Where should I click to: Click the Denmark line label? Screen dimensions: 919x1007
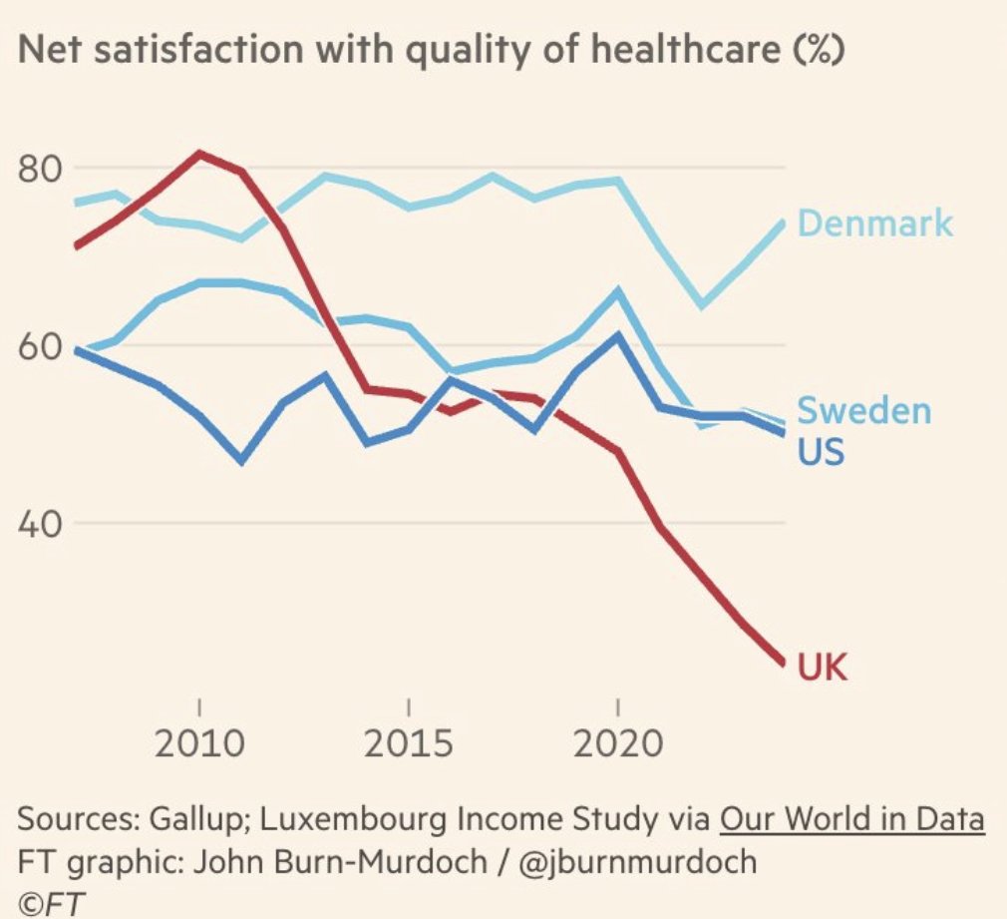(x=875, y=224)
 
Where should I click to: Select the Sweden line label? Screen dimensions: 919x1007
(x=864, y=410)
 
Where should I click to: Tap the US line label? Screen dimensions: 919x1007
(x=821, y=452)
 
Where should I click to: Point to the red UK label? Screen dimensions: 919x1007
(x=823, y=666)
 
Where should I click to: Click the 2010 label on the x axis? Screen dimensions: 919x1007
(x=199, y=743)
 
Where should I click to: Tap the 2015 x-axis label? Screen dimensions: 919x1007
(x=409, y=743)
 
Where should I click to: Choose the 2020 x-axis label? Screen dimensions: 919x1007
(x=618, y=743)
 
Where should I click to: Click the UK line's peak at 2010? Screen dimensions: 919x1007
(x=199, y=153)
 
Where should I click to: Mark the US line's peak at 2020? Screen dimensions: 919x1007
(x=618, y=335)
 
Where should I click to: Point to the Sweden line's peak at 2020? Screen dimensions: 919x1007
(x=618, y=291)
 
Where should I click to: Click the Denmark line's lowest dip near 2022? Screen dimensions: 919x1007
(x=703, y=305)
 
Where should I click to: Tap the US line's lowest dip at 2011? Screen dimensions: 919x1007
(x=241, y=461)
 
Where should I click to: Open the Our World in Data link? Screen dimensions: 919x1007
(x=851, y=820)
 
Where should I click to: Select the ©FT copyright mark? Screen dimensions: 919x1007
(x=50, y=902)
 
